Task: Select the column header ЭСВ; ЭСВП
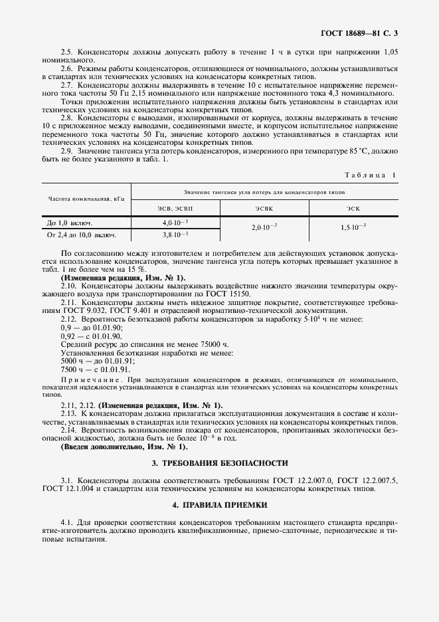click(176, 208)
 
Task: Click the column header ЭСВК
click(264, 208)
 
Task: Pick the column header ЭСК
click(353, 208)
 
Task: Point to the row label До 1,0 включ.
click(70, 223)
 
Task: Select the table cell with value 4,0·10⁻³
click(176, 222)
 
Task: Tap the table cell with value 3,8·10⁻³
click(176, 235)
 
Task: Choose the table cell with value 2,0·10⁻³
click(264, 227)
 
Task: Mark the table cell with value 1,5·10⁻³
click(353, 227)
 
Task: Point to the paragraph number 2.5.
click(66, 52)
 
